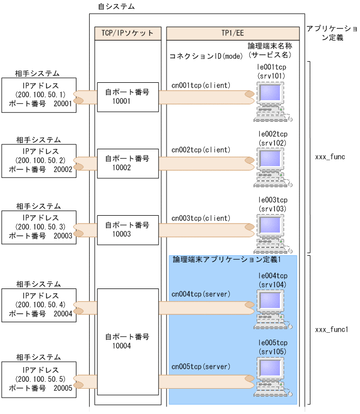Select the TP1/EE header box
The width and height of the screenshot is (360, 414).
point(232,33)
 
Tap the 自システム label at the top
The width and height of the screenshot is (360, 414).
point(116,7)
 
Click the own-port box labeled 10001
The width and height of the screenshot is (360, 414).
point(127,97)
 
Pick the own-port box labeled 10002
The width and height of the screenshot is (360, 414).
point(127,163)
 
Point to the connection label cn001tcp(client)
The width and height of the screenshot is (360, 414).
point(201,84)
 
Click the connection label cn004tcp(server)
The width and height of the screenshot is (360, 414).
point(201,293)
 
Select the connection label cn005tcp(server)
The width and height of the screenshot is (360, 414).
point(201,365)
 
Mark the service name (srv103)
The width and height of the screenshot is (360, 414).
point(273,209)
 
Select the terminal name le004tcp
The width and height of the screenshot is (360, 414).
point(273,276)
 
